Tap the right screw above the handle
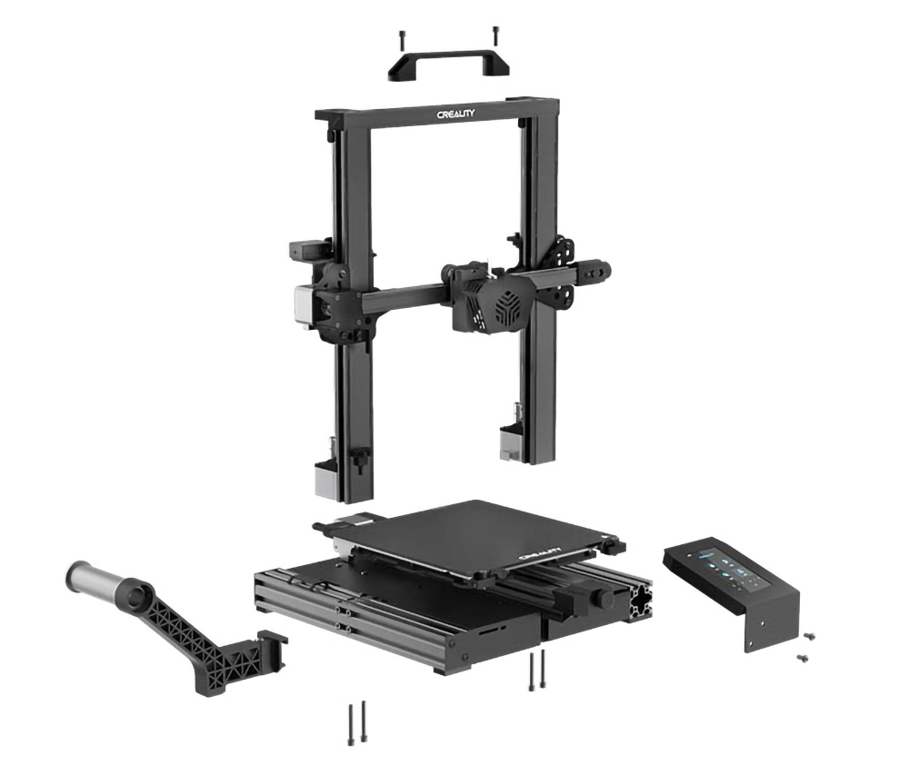point(495,35)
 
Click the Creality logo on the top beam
point(455,114)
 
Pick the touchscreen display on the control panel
point(734,571)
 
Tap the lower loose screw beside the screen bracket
point(802,657)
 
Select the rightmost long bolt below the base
point(544,670)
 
